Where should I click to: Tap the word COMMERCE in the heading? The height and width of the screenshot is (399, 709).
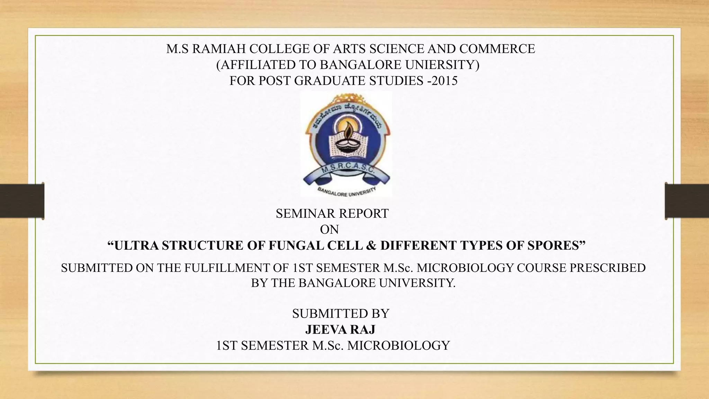(497, 49)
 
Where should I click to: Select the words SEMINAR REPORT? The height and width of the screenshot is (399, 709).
(332, 214)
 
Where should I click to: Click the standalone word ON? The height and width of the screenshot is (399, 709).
(329, 229)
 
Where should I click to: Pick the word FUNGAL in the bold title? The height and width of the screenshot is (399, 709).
(292, 245)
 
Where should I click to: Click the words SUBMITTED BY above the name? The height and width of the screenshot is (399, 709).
(341, 313)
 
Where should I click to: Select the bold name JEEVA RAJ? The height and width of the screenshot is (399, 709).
(340, 329)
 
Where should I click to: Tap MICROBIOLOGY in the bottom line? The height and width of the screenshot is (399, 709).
(398, 345)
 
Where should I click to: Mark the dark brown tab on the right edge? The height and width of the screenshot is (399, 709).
(687, 201)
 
